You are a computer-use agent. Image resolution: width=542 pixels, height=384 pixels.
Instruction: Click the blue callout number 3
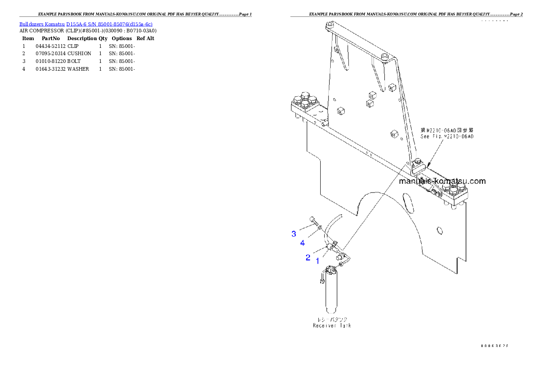(294, 234)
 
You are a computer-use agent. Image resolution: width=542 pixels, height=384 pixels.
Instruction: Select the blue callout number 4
(302, 243)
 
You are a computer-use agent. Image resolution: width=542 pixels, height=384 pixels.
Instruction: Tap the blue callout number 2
(308, 258)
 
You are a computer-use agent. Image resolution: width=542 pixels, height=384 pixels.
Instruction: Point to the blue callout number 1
(317, 261)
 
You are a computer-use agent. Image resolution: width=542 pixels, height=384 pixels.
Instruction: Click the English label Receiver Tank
(332, 326)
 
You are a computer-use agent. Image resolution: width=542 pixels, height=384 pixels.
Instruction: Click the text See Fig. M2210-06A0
(447, 136)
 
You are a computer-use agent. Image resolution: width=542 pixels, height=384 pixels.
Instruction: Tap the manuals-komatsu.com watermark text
(442, 181)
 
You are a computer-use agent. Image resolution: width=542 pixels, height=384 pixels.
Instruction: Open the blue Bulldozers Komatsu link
(86, 24)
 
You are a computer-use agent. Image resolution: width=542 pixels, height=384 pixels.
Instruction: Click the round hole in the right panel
(439, 231)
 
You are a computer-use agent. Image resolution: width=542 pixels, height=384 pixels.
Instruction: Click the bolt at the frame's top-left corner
(330, 24)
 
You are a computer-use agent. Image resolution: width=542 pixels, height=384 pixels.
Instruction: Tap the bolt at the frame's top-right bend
(385, 56)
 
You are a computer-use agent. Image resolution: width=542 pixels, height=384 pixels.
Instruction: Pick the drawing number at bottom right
(494, 346)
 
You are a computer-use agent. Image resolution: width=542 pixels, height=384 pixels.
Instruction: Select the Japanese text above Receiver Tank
(332, 319)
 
